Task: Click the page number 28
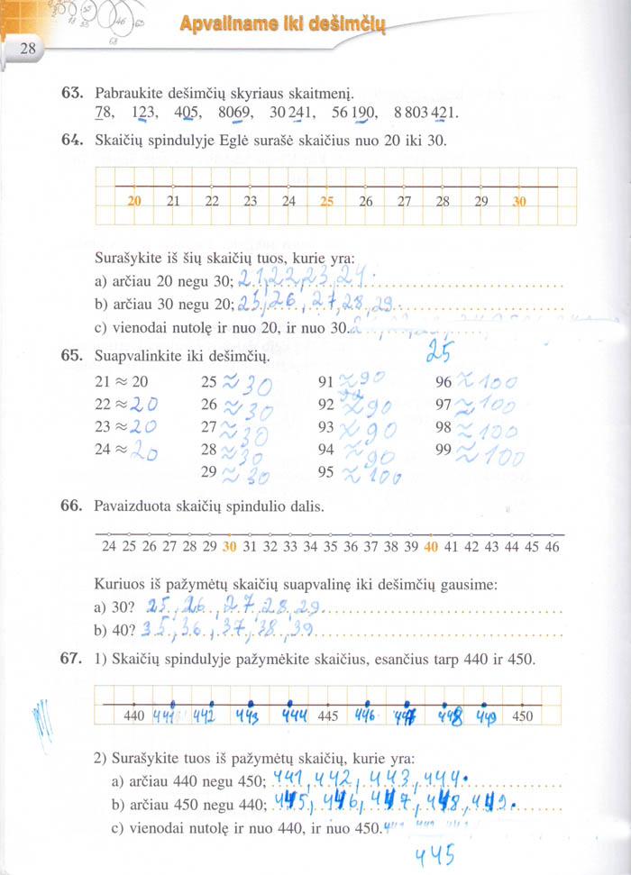(25, 50)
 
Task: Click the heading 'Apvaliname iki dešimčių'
(282, 27)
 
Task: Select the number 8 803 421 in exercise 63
(426, 113)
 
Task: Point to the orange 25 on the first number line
(327, 202)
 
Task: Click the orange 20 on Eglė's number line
(135, 202)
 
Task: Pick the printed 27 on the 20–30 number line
(404, 202)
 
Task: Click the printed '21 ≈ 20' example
(121, 381)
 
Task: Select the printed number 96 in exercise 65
(444, 381)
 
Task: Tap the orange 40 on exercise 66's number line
(431, 547)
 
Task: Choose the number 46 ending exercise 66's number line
(553, 547)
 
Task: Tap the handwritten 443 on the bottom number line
(248, 716)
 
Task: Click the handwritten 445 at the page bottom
(434, 853)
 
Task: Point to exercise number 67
(72, 660)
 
